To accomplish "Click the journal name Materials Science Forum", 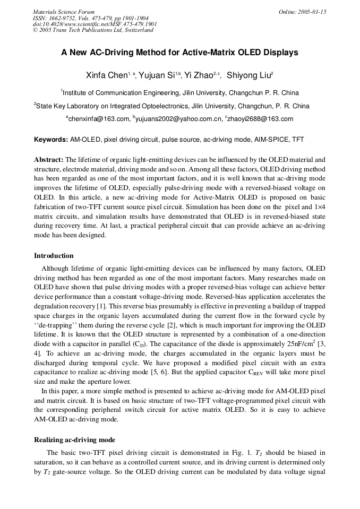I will (x=63, y=12).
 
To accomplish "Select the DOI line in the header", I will (x=95, y=24).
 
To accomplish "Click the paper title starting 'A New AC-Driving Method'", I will (x=179, y=53).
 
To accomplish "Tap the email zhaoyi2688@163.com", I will (x=261, y=119).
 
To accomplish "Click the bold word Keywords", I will (x=51, y=140).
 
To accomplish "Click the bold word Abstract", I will (x=49, y=159).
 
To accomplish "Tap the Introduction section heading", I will (x=54, y=255).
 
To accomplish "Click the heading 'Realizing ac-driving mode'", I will (x=74, y=439).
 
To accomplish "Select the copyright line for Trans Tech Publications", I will (x=93, y=30).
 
